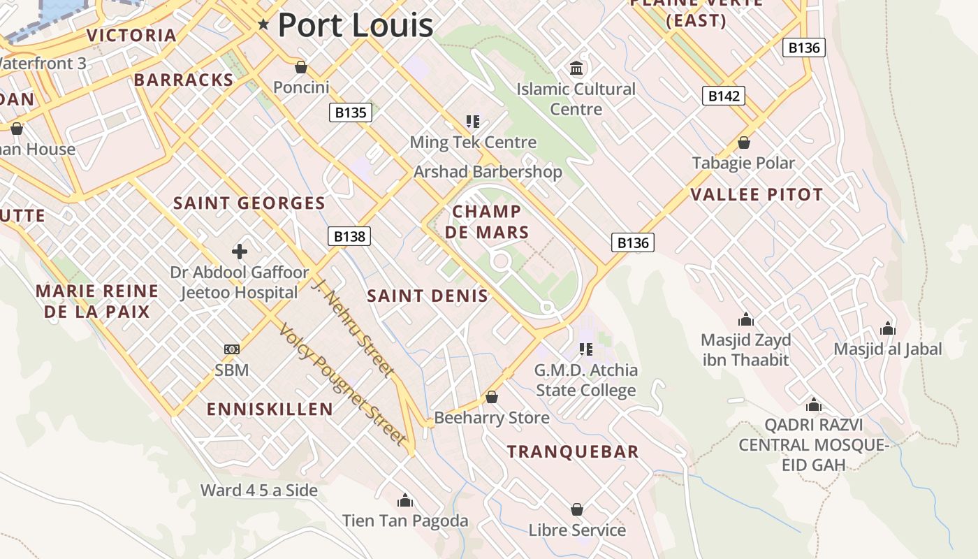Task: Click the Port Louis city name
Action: tap(356, 25)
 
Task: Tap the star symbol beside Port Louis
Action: tap(263, 24)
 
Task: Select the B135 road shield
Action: tap(350, 112)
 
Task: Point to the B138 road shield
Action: tap(349, 236)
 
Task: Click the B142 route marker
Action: tap(723, 96)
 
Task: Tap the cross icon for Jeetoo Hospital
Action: tap(240, 252)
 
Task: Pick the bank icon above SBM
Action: tap(232, 349)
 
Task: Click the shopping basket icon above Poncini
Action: tap(301, 67)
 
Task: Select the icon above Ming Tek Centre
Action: tap(473, 122)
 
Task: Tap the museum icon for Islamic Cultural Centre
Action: tap(576, 68)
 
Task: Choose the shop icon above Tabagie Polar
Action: tap(744, 143)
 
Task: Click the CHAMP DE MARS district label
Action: tap(487, 222)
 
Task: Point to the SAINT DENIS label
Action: tap(428, 296)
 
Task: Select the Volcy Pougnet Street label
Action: tap(342, 384)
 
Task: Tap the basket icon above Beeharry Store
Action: tap(492, 397)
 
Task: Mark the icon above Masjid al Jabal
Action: tap(888, 328)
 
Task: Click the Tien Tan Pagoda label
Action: tap(405, 521)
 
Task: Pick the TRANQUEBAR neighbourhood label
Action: tap(573, 451)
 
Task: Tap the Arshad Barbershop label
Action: tap(488, 172)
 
